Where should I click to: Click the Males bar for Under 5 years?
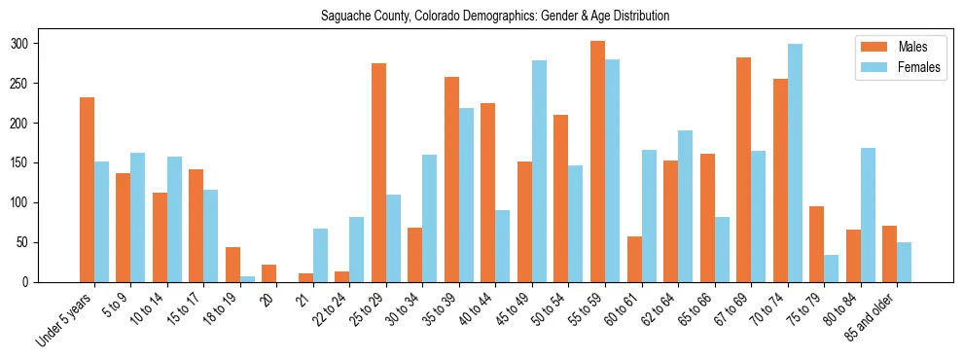coord(87,190)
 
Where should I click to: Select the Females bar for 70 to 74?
coord(795,163)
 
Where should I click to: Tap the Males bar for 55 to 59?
coord(597,162)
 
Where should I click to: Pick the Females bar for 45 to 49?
coord(539,171)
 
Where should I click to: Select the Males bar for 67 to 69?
coord(743,182)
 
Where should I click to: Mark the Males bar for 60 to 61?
coord(634,259)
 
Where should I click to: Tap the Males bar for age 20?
coord(269,273)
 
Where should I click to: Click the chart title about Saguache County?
coord(495,16)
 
